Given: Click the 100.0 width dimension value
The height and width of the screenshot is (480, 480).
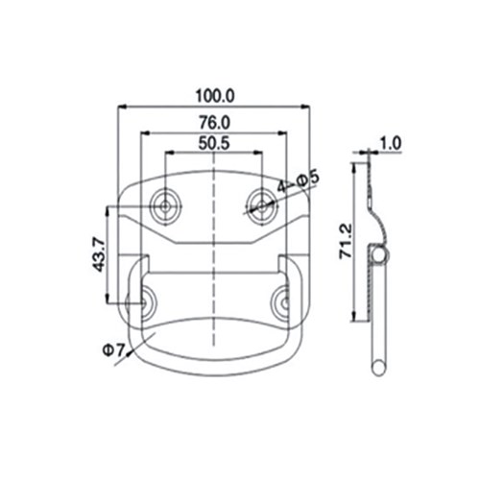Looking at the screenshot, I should point(213,95).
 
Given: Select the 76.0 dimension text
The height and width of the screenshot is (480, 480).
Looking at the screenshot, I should point(213,122).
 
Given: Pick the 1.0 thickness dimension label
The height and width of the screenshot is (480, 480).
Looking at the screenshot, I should point(391,145).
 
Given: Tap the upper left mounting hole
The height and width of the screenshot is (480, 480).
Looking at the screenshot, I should point(166,203).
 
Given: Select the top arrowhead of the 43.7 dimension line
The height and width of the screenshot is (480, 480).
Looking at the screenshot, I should point(116,207).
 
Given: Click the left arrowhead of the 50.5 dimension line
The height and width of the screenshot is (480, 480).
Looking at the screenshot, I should point(168,154).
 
